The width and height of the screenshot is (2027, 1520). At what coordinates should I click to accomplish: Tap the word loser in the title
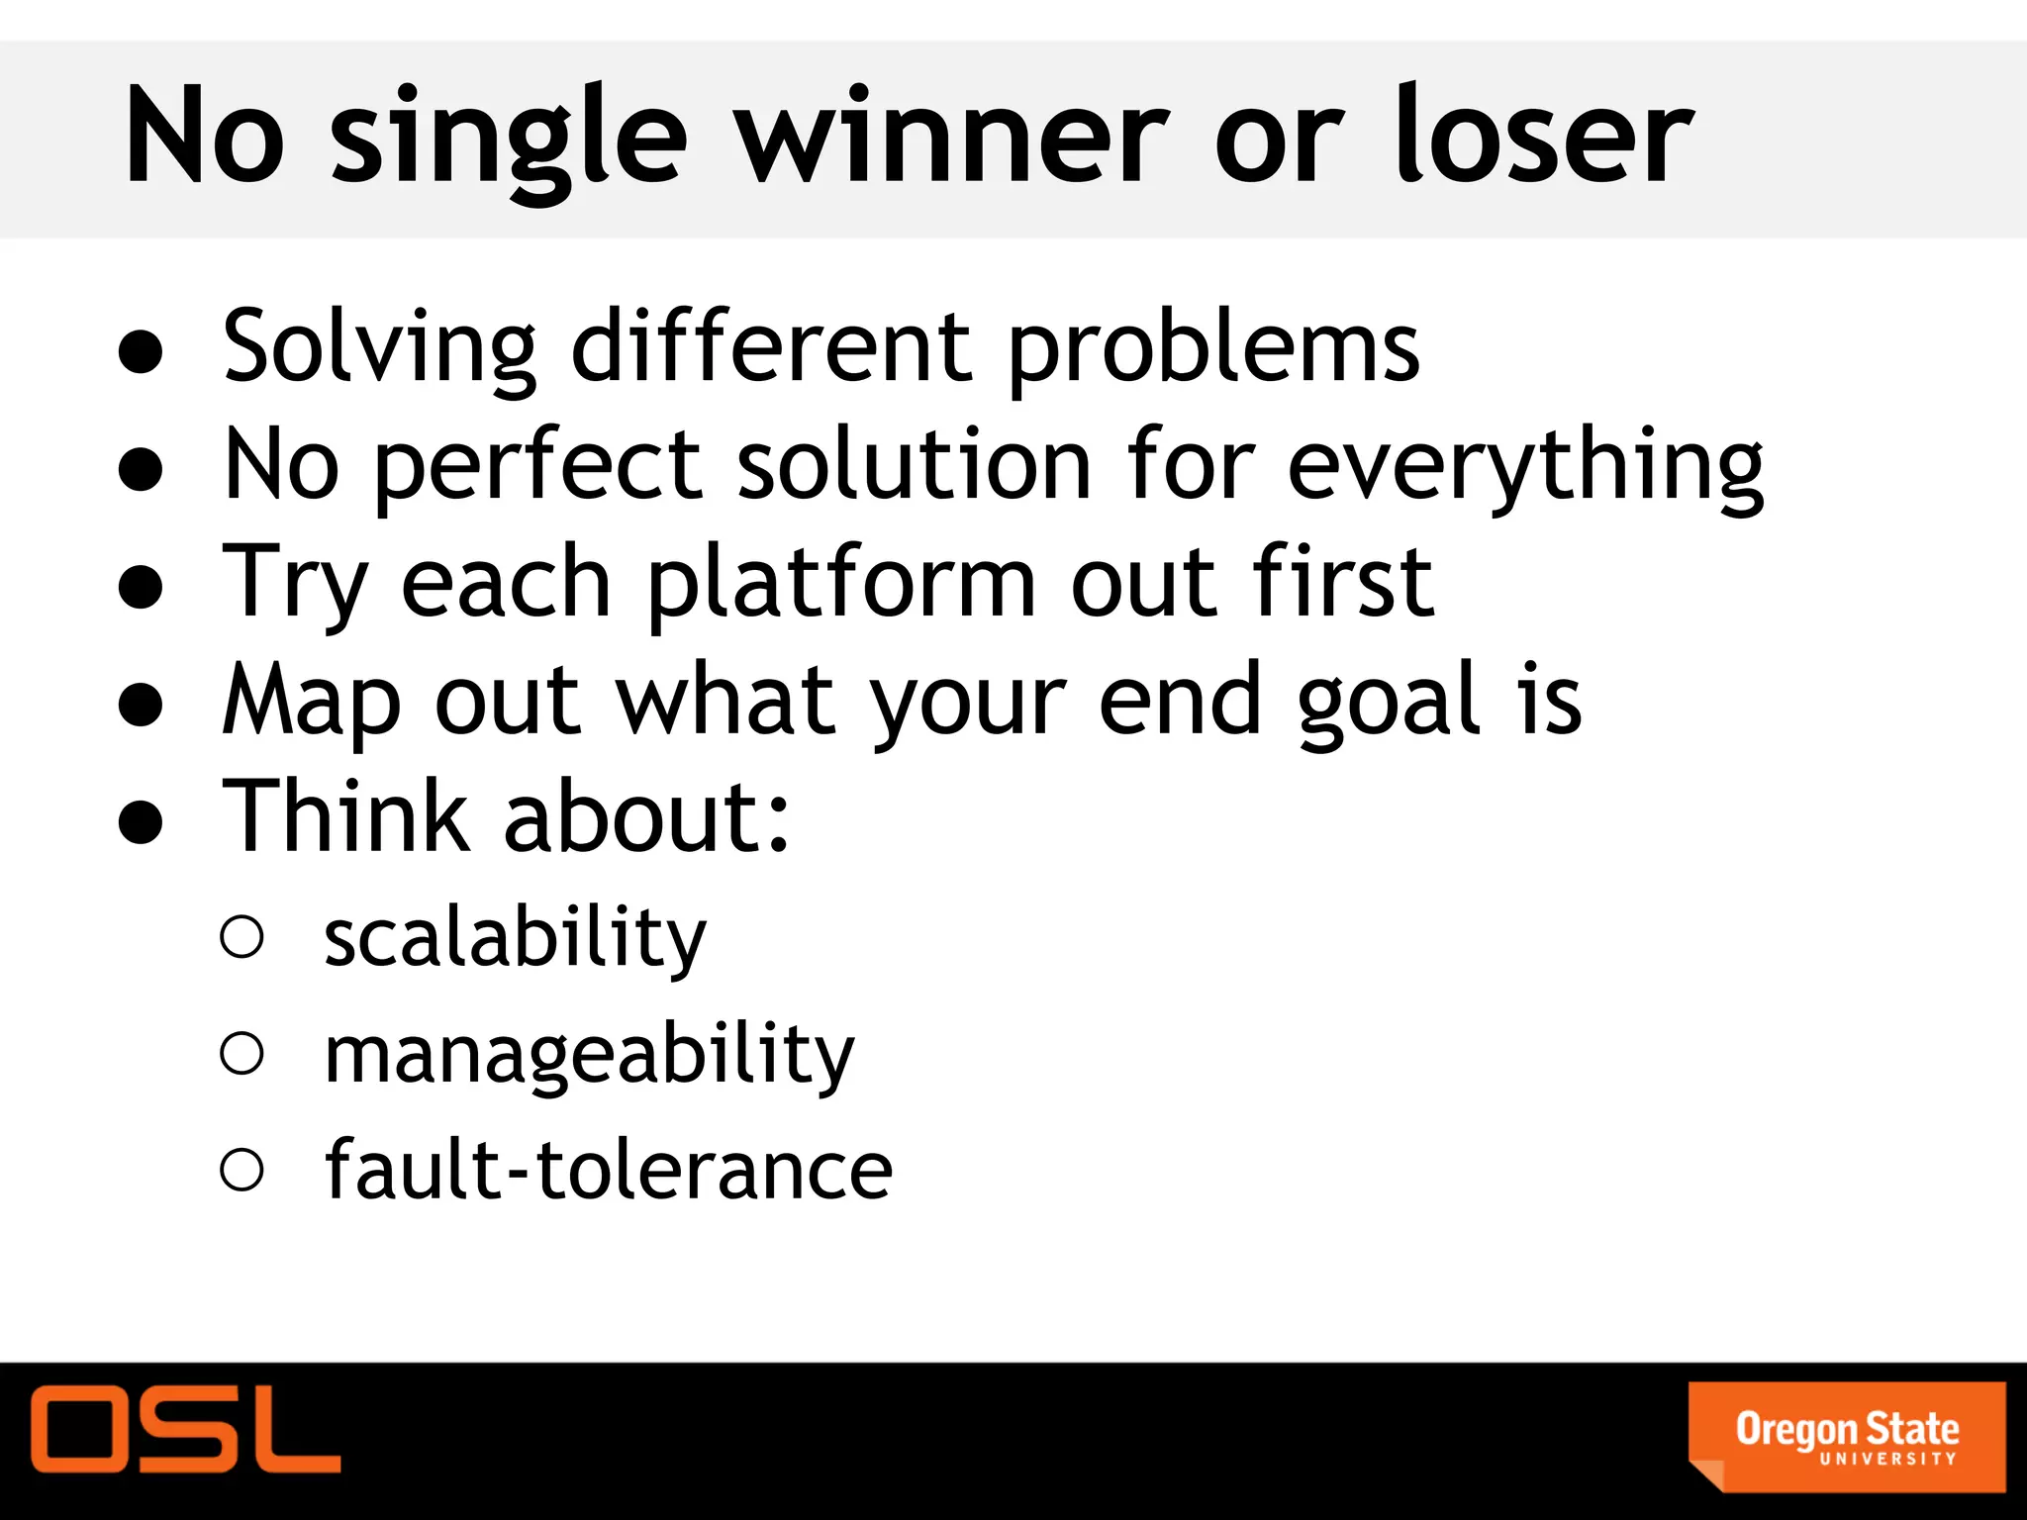(x=1544, y=137)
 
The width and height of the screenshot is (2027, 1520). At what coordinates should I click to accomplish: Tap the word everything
(x=1525, y=467)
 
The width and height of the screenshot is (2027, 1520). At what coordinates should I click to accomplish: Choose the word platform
(x=841, y=584)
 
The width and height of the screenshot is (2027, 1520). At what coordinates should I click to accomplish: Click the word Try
(x=294, y=584)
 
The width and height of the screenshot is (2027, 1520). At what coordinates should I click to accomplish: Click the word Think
(x=345, y=816)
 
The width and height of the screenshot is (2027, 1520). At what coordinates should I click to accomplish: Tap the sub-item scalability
(x=515, y=937)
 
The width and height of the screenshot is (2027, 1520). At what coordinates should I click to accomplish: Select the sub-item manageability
(x=589, y=1055)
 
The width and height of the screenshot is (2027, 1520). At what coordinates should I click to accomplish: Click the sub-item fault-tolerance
(x=609, y=1171)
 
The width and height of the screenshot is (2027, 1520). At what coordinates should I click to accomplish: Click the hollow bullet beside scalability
(x=242, y=937)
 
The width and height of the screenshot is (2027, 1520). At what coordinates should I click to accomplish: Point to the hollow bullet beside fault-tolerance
(x=242, y=1170)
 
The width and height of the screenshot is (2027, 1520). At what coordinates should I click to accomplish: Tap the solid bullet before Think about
(x=141, y=821)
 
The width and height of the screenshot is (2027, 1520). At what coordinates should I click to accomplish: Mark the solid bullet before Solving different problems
(x=141, y=352)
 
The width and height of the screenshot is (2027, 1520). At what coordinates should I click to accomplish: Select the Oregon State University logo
(x=1847, y=1436)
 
